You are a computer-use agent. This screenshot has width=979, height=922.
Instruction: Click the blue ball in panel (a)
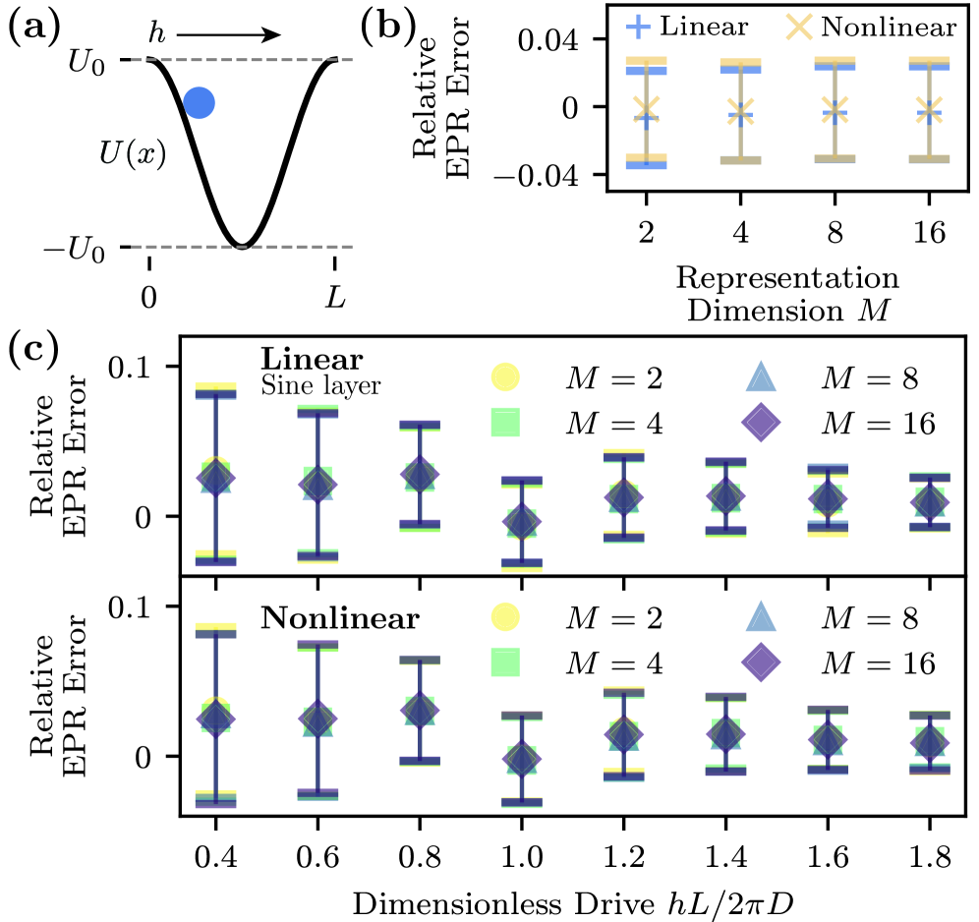[199, 102]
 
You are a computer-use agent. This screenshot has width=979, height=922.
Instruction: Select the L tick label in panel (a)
[336, 295]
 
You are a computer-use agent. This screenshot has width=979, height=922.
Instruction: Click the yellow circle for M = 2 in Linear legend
[504, 376]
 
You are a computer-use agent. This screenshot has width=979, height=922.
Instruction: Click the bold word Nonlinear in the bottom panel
[340, 620]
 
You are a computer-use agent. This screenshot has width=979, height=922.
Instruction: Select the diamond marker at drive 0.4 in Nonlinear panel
[217, 719]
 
